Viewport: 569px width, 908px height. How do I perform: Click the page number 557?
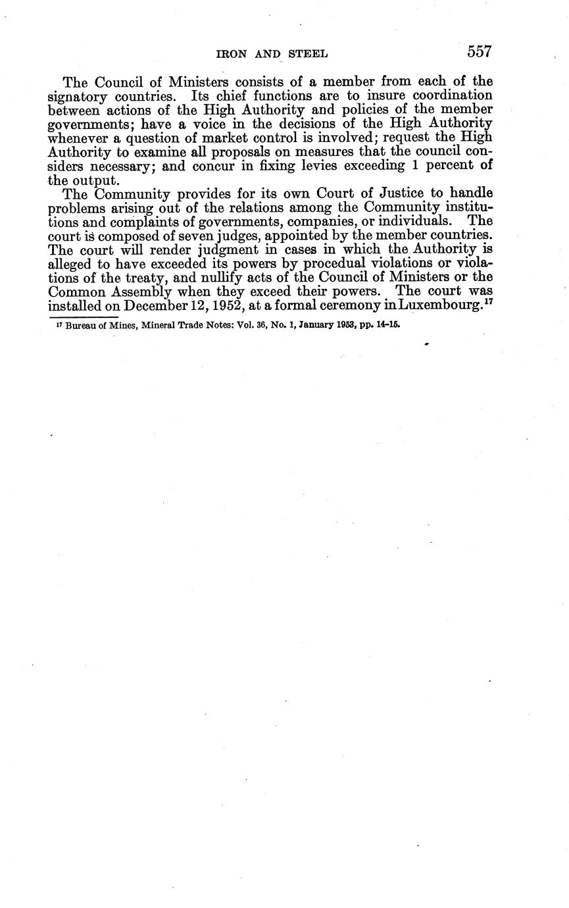[480, 51]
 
